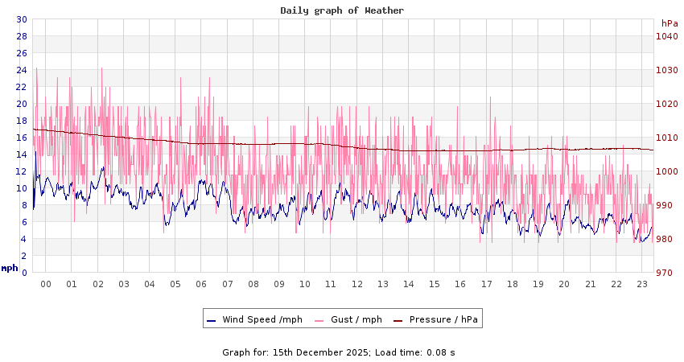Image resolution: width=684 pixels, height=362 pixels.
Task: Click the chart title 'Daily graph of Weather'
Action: coord(342,10)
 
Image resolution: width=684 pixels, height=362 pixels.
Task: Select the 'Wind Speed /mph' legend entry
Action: coord(262,319)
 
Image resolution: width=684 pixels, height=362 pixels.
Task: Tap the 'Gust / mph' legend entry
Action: coord(356,319)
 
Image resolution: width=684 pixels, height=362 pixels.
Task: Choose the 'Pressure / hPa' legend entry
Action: coord(443,319)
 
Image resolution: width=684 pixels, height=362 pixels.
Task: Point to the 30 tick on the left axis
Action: coord(22,19)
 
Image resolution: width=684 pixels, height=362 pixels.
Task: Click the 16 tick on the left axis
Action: coord(22,138)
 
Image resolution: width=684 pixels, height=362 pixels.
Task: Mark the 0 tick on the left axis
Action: coord(24,273)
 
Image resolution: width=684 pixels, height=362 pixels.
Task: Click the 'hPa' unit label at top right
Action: coord(670,23)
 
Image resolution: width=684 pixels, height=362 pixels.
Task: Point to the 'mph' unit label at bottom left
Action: coord(10,268)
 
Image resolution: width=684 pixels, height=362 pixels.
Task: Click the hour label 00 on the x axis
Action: coord(46,284)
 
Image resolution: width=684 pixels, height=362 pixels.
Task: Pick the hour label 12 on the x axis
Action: coord(356,284)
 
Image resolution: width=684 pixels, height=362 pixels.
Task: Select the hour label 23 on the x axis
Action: coord(642,284)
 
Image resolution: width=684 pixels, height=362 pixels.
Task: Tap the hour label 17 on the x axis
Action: coord(486,284)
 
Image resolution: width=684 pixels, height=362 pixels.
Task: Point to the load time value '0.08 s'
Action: coord(441,352)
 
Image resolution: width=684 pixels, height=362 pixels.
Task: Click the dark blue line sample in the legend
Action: coord(212,320)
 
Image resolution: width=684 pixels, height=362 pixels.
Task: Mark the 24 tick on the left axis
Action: coord(22,70)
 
